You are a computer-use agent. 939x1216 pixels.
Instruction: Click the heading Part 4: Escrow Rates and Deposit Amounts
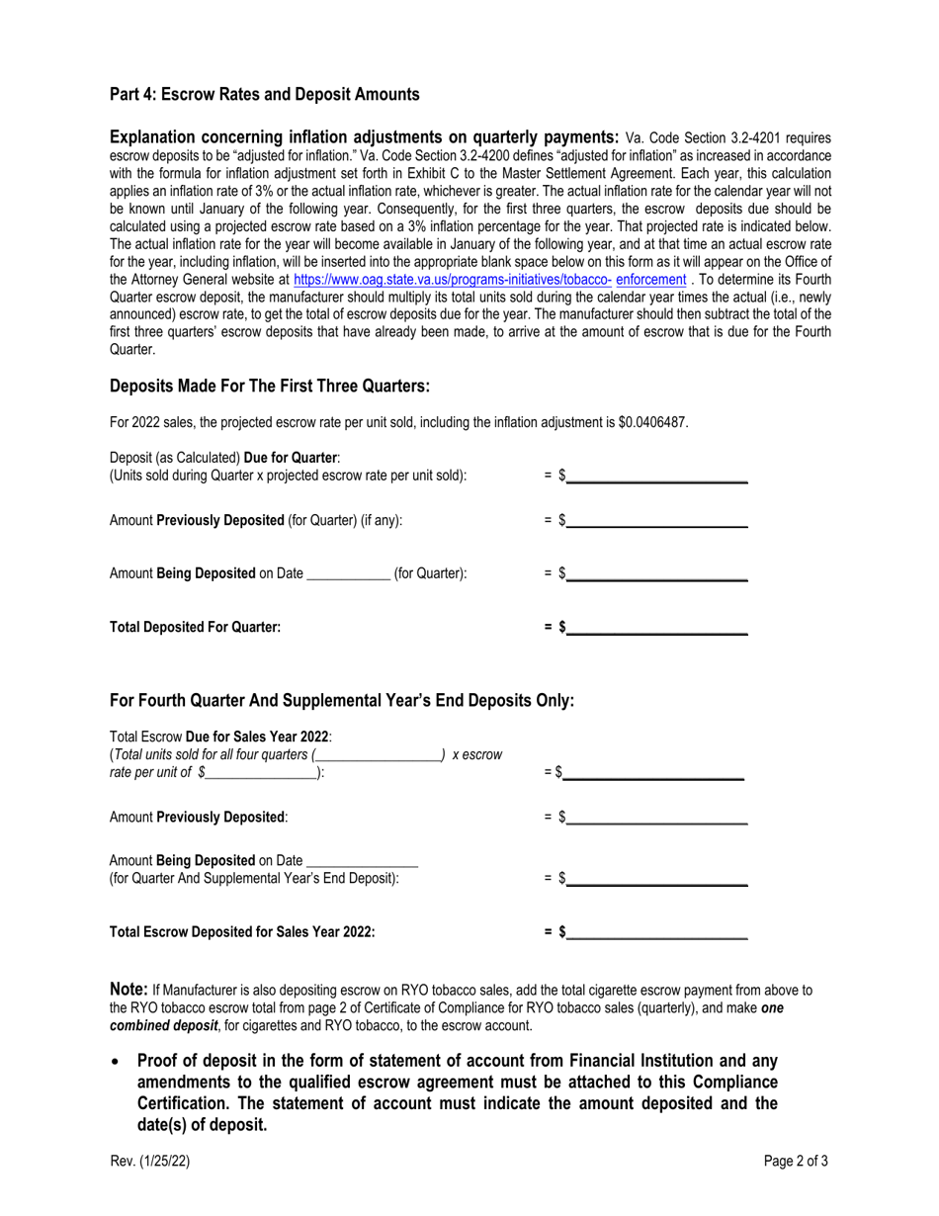coord(264,95)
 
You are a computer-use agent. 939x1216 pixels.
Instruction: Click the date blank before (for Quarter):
coord(349,572)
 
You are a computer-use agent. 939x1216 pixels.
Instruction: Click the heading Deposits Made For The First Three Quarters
coord(270,386)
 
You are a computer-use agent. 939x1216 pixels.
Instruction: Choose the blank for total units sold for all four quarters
coord(379,754)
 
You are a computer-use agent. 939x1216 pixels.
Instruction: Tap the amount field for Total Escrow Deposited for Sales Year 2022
coord(656,931)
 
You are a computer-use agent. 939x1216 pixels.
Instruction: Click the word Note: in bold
coord(128,989)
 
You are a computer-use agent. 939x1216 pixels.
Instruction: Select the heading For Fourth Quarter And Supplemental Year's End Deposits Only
coord(341,701)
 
